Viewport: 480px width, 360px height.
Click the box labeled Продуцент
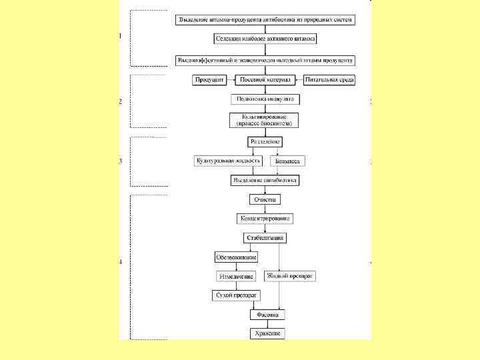(x=209, y=80)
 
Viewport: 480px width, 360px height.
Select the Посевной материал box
(x=265, y=80)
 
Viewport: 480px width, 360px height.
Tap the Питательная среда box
(x=329, y=80)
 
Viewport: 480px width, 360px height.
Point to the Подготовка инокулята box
(x=265, y=99)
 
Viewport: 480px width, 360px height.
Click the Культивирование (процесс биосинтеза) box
(x=265, y=121)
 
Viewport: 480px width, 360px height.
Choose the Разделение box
(x=265, y=142)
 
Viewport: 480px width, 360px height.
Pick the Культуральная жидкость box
(x=228, y=161)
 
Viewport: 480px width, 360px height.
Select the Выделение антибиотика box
(x=265, y=181)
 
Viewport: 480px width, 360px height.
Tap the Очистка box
(x=265, y=199)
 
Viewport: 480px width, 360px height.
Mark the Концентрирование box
(x=265, y=219)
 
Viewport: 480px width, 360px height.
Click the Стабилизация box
(x=265, y=237)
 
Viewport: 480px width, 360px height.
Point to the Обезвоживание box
(x=236, y=257)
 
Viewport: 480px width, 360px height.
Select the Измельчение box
(x=236, y=276)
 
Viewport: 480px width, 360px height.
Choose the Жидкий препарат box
(x=291, y=275)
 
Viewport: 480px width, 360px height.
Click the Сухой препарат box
(x=236, y=295)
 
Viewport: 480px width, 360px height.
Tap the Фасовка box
(x=268, y=314)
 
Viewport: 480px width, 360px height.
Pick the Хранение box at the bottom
(x=268, y=333)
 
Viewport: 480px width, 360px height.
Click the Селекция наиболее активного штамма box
(x=265, y=39)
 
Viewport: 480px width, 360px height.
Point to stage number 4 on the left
(x=121, y=262)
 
